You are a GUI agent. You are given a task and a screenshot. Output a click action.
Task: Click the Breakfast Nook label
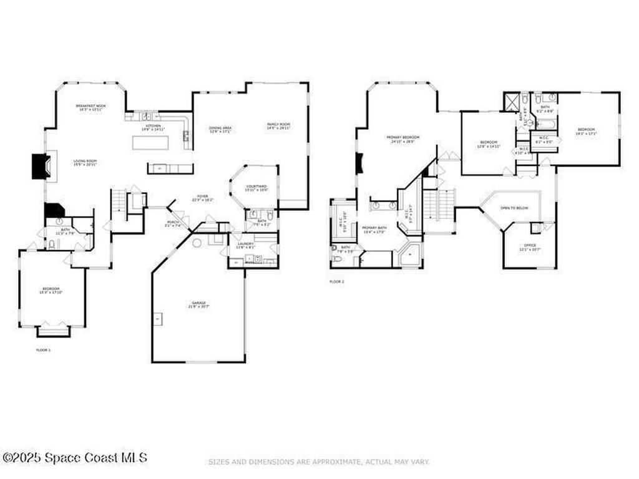(x=91, y=107)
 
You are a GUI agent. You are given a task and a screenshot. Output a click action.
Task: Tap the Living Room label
(x=85, y=161)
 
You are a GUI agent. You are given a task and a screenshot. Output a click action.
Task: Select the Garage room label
(x=199, y=304)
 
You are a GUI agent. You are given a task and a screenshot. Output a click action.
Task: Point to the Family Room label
(x=279, y=125)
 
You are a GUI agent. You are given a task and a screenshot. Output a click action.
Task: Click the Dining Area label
(x=220, y=128)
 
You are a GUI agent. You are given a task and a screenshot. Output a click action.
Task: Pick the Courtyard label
(x=256, y=187)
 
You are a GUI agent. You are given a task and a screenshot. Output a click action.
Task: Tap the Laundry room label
(x=245, y=244)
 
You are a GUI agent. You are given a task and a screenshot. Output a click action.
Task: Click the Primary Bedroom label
(x=402, y=137)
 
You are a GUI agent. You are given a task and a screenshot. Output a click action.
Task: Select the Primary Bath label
(x=374, y=229)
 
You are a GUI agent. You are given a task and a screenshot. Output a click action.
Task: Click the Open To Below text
(x=514, y=208)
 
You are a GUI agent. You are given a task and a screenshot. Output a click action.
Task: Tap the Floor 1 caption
(x=44, y=351)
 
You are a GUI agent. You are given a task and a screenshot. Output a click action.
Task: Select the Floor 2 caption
(x=337, y=282)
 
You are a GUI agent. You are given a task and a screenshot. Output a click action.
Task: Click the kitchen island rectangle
(x=151, y=143)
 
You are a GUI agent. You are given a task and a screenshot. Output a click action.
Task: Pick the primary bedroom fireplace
(x=359, y=164)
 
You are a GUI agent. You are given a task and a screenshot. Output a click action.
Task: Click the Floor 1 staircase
(x=118, y=201)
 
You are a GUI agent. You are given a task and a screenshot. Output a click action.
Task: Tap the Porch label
(x=173, y=224)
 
